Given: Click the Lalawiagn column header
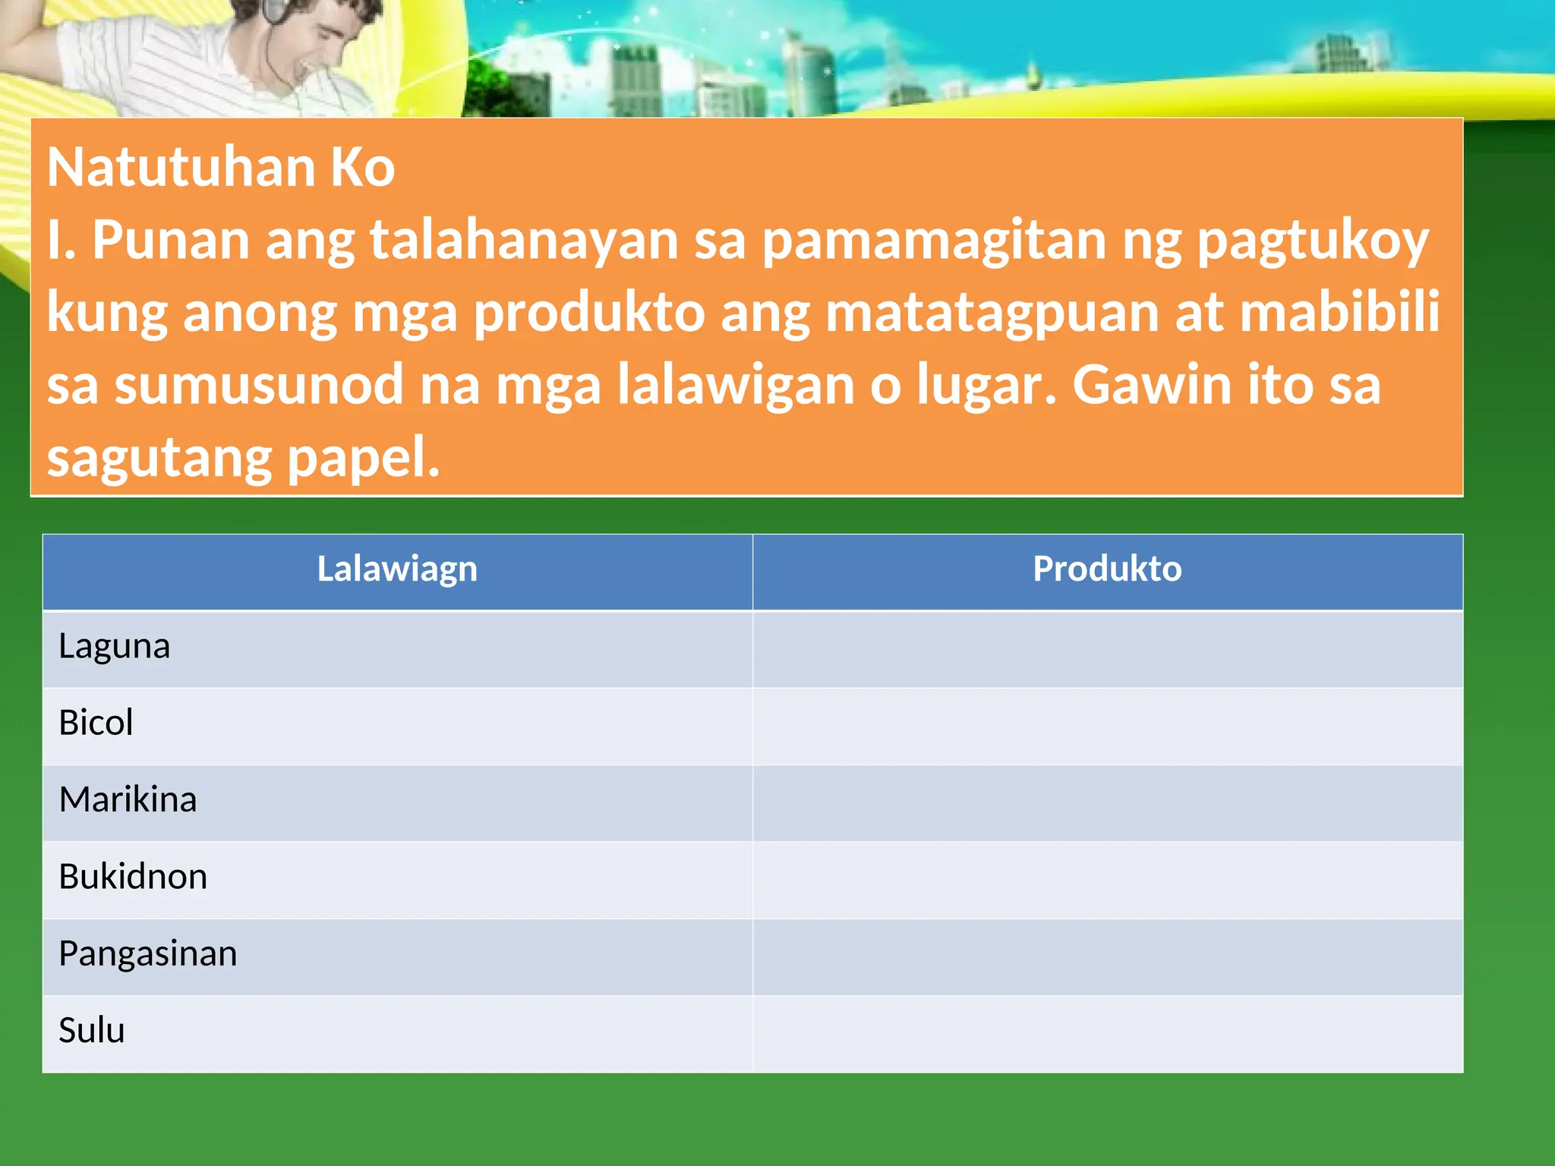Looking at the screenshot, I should point(397,569).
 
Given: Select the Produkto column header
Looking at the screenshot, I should point(1107,569).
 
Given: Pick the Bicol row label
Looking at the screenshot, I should point(96,723).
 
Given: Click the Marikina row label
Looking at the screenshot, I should point(128,800).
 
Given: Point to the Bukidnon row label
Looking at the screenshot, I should point(133,877).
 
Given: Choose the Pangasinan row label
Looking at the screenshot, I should point(148,954).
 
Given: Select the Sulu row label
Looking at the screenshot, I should point(92,1031).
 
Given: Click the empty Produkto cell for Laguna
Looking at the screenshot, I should point(1107,650).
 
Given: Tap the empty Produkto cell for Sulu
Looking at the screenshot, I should point(1107,1033).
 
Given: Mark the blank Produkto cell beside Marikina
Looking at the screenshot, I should point(1107,803).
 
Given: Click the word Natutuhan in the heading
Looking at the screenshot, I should point(181,167).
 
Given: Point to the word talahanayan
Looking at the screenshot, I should point(524,240).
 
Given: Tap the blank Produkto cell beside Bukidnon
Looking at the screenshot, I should point(1107,880).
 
